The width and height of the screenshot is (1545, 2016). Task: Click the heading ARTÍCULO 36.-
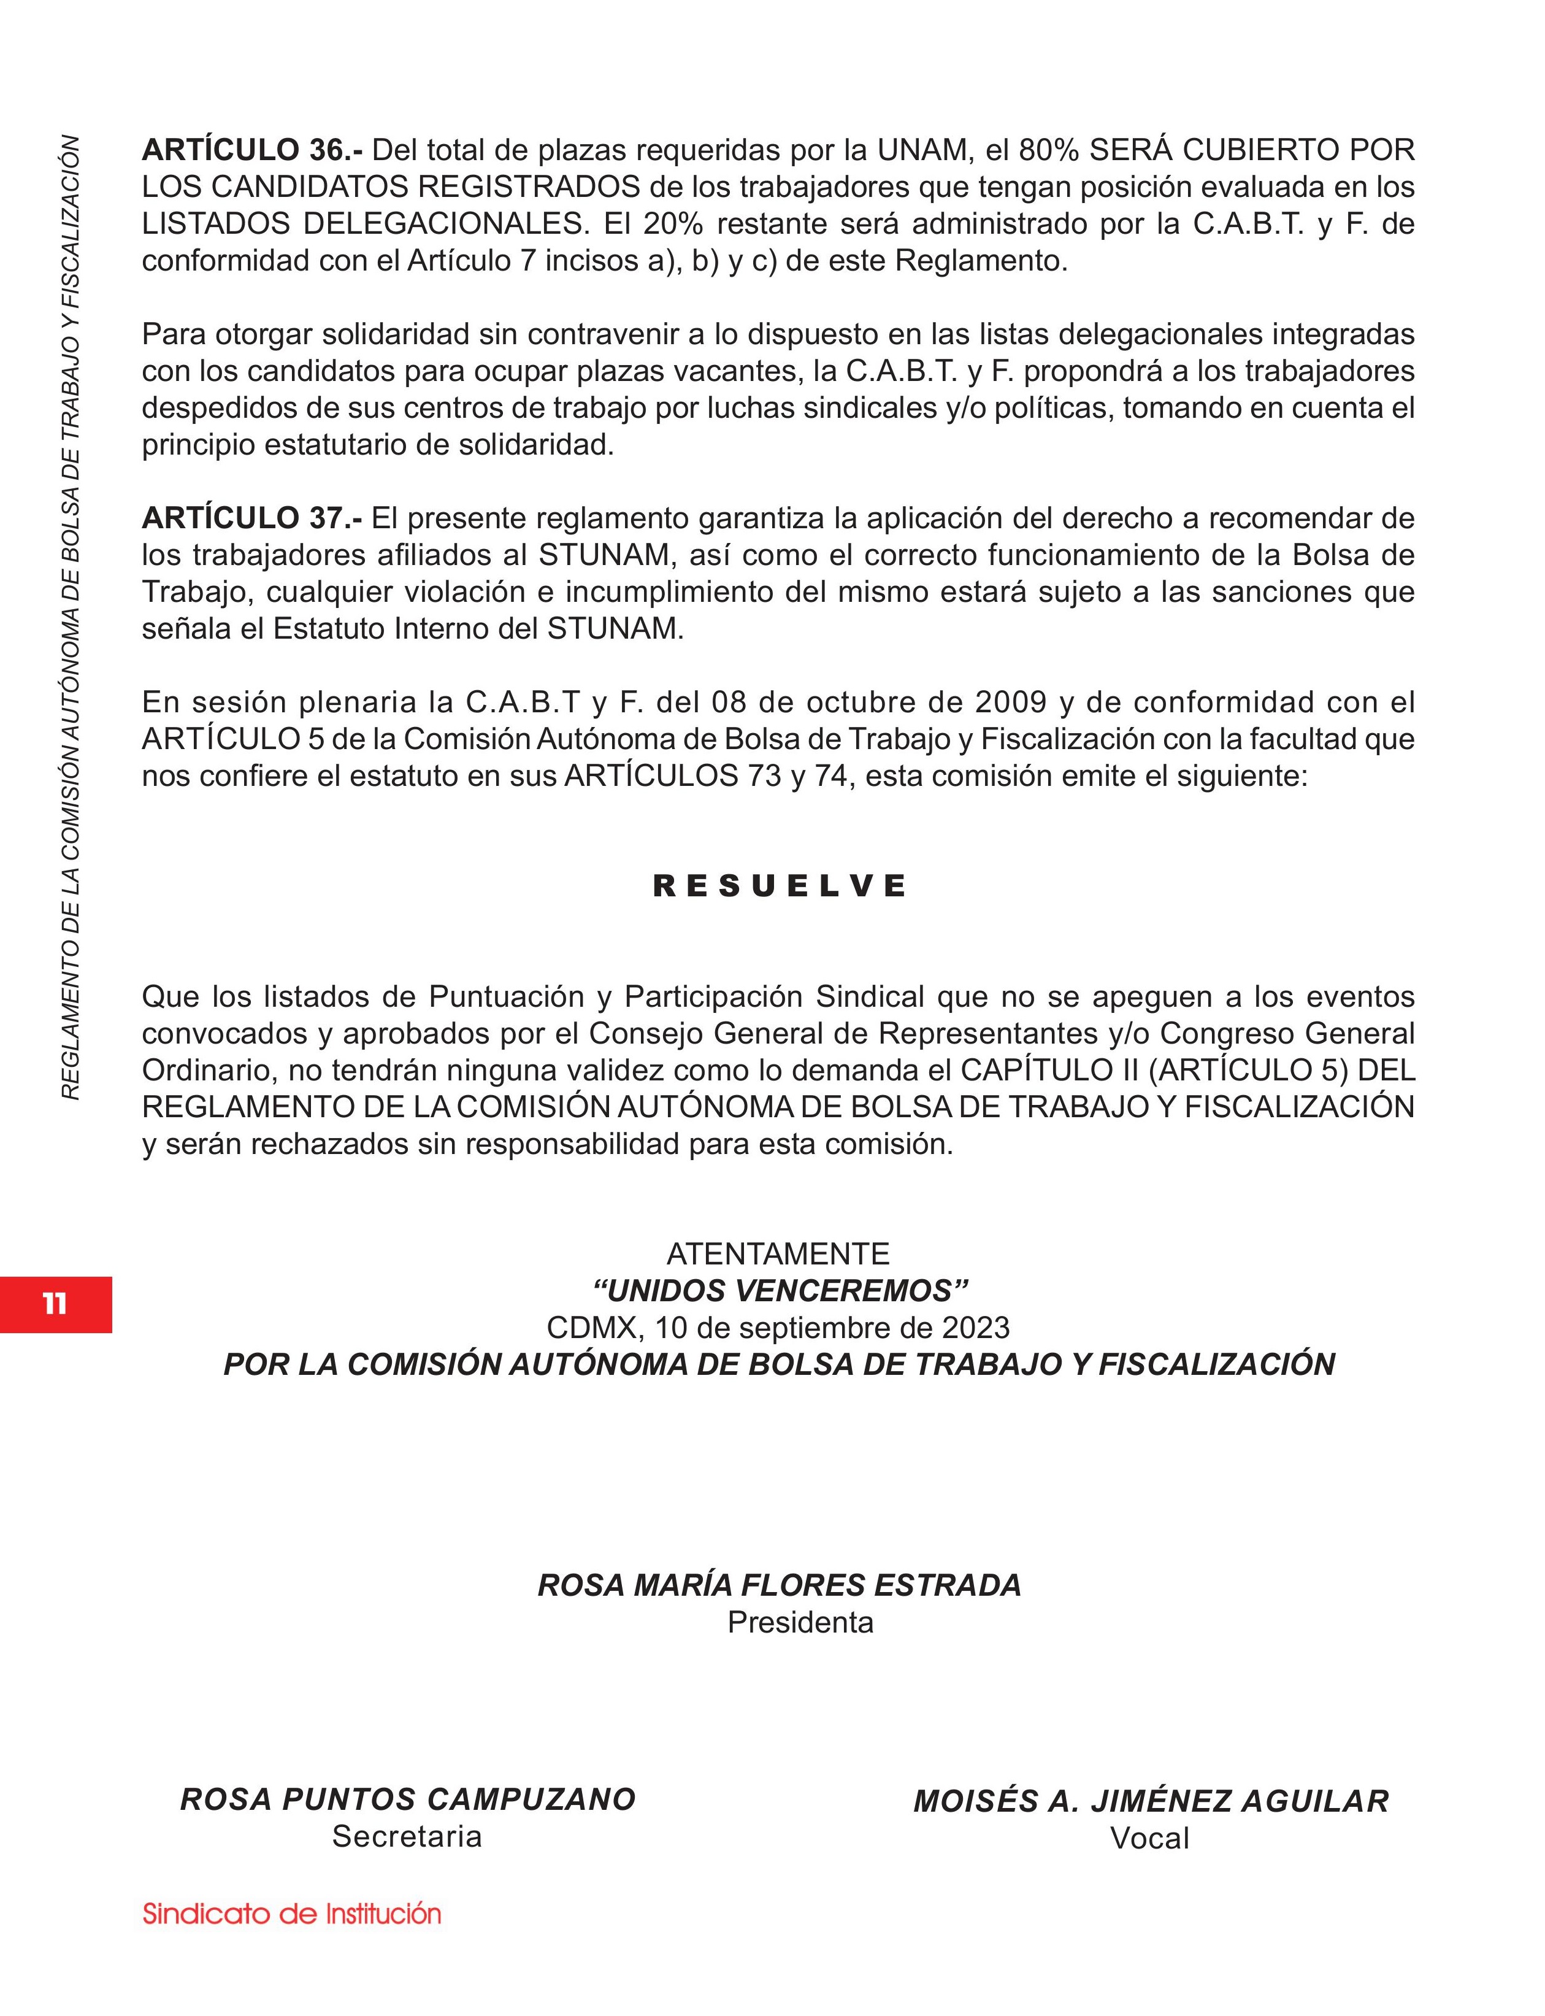[x=253, y=150]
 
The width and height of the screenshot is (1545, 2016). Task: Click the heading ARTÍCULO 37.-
[x=252, y=518]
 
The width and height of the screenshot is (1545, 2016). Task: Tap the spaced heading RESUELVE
[x=779, y=887]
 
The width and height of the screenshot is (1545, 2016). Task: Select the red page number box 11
[x=55, y=1304]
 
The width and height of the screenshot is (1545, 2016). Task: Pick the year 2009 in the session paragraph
[x=1011, y=702]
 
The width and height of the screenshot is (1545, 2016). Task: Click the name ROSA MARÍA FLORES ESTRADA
[x=780, y=1585]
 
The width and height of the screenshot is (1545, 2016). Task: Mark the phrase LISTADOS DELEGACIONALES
[x=363, y=225]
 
